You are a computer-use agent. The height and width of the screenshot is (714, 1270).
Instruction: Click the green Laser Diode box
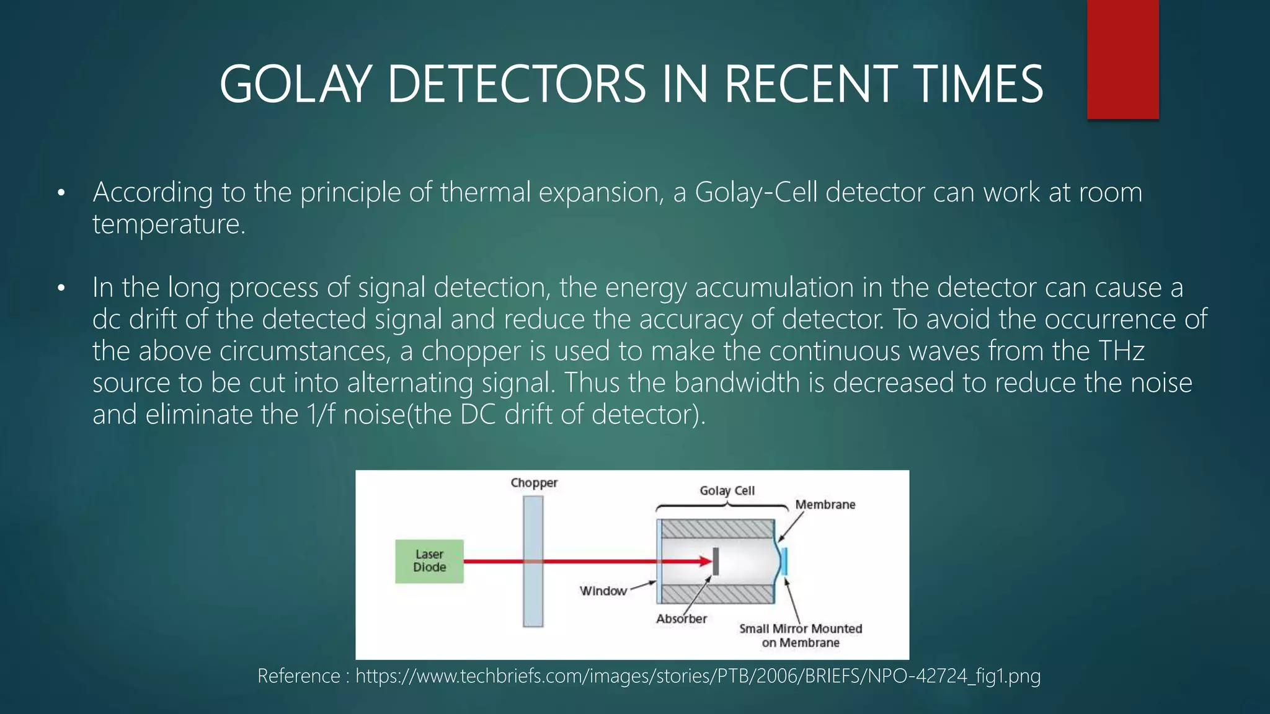[429, 561]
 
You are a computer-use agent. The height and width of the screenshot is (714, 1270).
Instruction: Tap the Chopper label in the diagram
[534, 483]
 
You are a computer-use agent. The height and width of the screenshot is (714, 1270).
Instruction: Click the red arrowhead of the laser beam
[706, 562]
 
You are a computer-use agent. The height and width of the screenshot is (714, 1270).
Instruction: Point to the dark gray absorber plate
[716, 561]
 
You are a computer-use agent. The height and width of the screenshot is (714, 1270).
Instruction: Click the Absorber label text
[681, 619]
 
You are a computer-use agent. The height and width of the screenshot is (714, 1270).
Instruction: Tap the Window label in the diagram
[603, 591]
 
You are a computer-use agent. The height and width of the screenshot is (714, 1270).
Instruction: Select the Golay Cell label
[727, 491]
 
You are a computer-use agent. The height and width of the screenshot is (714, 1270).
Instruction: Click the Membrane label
[825, 505]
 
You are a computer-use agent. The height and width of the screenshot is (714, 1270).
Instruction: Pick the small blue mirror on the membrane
[784, 561]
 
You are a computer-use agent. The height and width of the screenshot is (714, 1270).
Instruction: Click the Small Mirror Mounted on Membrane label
[801, 635]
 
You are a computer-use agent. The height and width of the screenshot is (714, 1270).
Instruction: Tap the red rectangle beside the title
[1122, 59]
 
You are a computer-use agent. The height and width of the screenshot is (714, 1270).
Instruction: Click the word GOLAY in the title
[295, 85]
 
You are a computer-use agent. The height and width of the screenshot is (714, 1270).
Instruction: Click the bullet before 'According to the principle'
[60, 193]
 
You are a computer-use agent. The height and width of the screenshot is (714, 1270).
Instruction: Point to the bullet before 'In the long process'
[60, 289]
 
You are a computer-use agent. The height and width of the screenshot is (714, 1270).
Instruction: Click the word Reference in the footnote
[298, 676]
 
